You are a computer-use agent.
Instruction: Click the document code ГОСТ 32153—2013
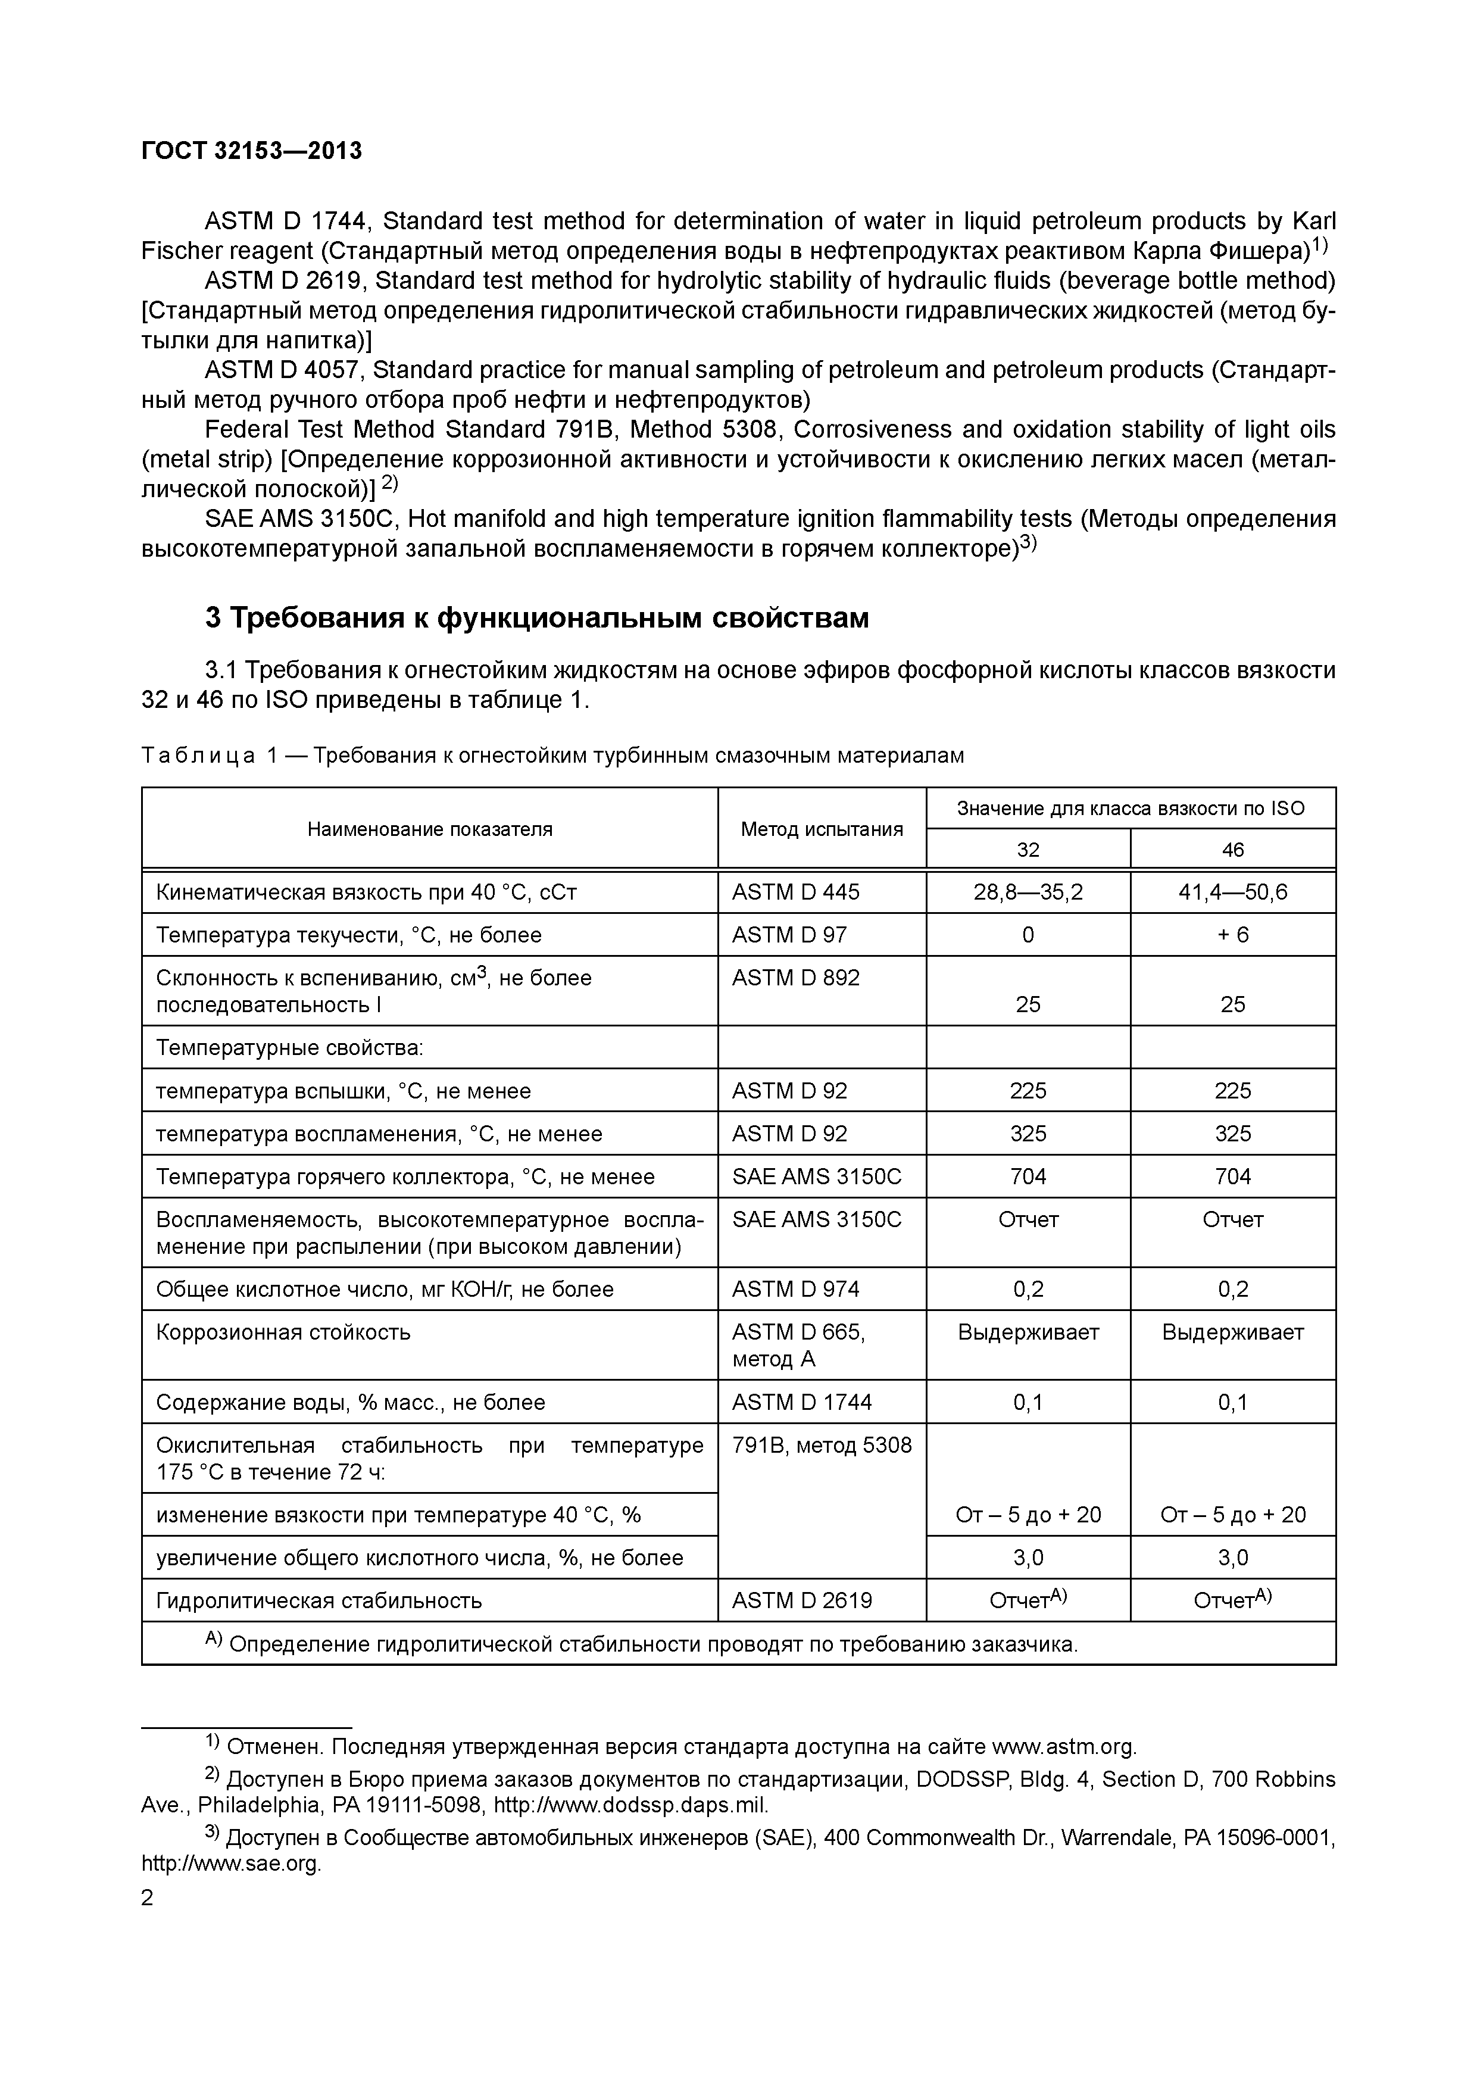click(x=251, y=151)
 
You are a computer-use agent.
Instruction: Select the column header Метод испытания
click(x=822, y=828)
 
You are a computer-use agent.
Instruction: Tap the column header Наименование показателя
click(x=429, y=828)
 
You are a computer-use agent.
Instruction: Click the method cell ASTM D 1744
click(x=801, y=1402)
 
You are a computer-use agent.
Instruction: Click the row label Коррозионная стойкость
click(x=283, y=1332)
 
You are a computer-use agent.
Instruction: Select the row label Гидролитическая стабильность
click(x=318, y=1600)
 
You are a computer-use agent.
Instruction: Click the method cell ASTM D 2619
click(x=801, y=1600)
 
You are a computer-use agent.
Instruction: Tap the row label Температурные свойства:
click(x=289, y=1048)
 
